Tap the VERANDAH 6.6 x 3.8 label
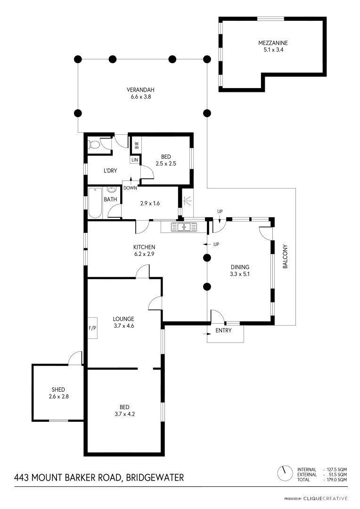click(x=140, y=93)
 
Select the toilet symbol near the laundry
click(x=94, y=144)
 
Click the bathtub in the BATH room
click(x=95, y=203)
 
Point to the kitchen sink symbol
click(x=184, y=227)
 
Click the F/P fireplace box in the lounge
click(x=92, y=328)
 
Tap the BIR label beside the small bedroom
click(x=137, y=145)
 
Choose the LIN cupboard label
click(x=135, y=160)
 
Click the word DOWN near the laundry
click(x=130, y=188)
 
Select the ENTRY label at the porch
click(x=223, y=330)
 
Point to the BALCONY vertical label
click(x=286, y=256)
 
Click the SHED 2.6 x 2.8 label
click(x=58, y=393)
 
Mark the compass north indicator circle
click(x=284, y=474)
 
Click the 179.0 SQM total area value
click(x=335, y=479)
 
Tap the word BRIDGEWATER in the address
click(x=155, y=477)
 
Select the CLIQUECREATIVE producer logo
click(x=325, y=499)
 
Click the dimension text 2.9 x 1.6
click(x=150, y=204)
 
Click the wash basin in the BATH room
click(x=111, y=190)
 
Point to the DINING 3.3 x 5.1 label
click(x=240, y=271)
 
